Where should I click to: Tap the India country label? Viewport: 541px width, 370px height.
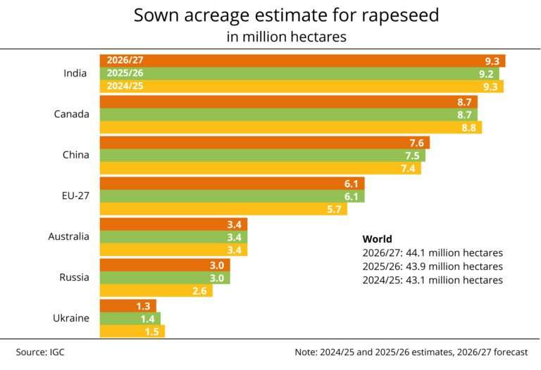pyautogui.click(x=75, y=74)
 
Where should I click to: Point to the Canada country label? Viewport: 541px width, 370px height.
pyautogui.click(x=71, y=114)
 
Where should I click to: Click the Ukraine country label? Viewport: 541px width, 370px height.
pyautogui.click(x=71, y=318)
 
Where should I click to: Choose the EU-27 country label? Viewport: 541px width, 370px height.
pyautogui.click(x=75, y=196)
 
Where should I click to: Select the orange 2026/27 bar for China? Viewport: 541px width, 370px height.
pyautogui.click(x=264, y=143)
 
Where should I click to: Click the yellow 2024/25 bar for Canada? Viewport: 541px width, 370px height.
pyautogui.click(x=290, y=127)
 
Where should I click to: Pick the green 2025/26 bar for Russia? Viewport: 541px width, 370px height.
pyautogui.click(x=165, y=278)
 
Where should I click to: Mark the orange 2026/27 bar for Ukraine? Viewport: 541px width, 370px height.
pyautogui.click(x=127, y=305)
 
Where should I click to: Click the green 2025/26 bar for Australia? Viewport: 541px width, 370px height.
pyautogui.click(x=173, y=237)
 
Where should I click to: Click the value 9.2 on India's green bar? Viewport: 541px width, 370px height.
pyautogui.click(x=486, y=73)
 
